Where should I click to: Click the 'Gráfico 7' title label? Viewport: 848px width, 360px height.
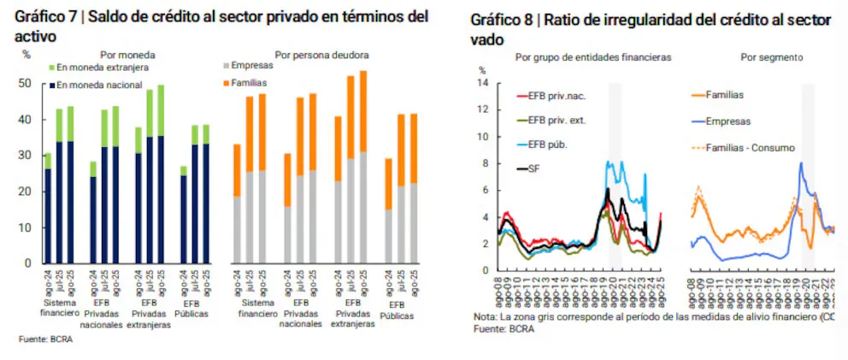click(x=48, y=16)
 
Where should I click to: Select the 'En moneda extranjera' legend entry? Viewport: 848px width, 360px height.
click(x=103, y=66)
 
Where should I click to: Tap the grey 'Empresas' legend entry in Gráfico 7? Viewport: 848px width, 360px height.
click(x=253, y=65)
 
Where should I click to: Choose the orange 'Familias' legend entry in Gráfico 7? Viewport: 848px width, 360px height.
click(x=250, y=83)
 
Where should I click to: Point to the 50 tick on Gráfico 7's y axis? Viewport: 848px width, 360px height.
click(x=24, y=84)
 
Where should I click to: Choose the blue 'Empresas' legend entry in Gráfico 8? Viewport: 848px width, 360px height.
click(x=728, y=121)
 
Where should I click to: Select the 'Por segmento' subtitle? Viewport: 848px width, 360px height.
click(x=771, y=57)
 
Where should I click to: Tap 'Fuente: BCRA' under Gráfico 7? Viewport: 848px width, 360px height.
click(x=44, y=339)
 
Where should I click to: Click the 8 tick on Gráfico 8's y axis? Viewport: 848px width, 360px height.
click(x=484, y=163)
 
